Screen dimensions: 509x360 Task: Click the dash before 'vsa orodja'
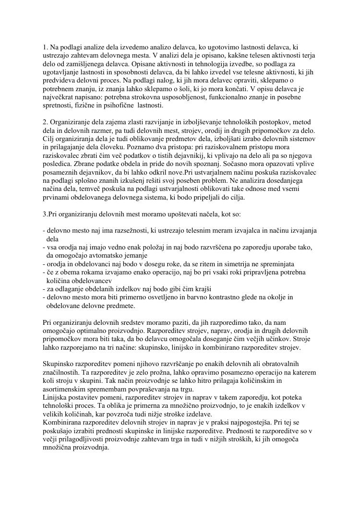(x=44, y=248)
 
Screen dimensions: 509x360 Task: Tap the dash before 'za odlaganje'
(x=44, y=289)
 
